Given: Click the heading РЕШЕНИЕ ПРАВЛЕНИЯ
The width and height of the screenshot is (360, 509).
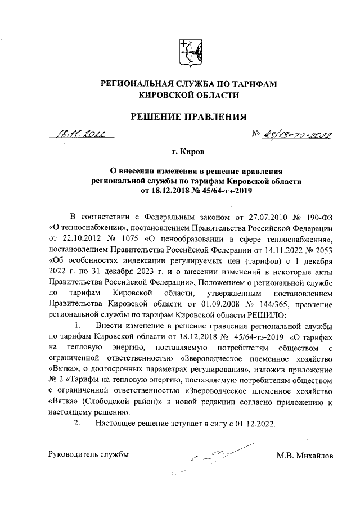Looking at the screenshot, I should pos(189,117).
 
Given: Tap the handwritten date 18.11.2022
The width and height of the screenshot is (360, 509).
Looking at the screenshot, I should pos(82,134).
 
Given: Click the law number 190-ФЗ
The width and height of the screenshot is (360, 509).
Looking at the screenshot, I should pos(313,217).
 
